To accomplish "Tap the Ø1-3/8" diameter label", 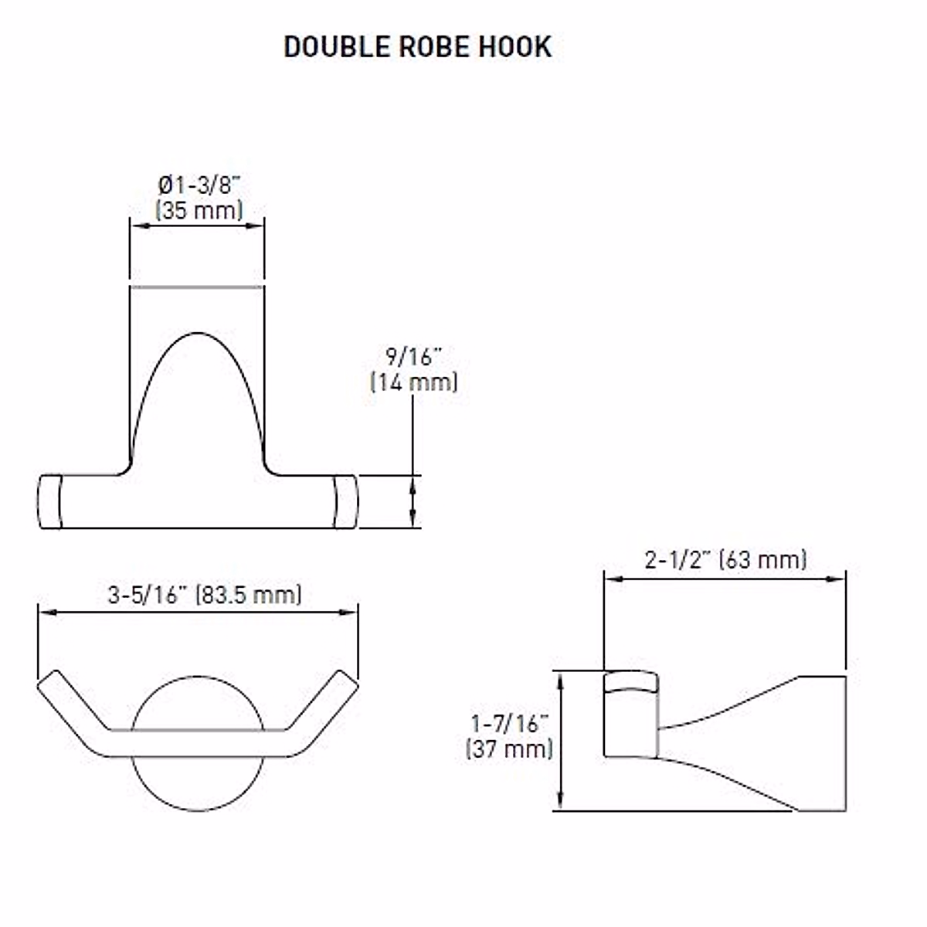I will click(x=199, y=185).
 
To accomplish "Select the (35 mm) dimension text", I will click(x=199, y=210).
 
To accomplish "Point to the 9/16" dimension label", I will click(x=413, y=357).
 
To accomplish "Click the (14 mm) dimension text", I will click(x=413, y=382).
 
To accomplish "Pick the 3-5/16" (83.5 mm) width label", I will click(x=205, y=595).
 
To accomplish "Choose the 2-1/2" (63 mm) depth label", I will click(x=725, y=559).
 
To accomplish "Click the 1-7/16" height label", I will click(x=510, y=724).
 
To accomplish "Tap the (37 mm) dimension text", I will click(x=510, y=749).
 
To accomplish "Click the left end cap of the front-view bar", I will click(x=49, y=501).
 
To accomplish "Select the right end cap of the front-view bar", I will click(x=345, y=501).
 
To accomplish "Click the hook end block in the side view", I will click(x=630, y=715).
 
